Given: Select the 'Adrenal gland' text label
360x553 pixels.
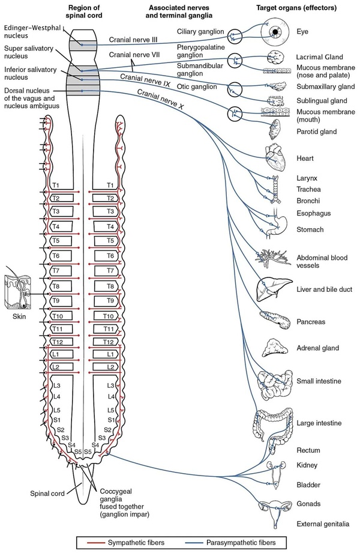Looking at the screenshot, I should [318, 348].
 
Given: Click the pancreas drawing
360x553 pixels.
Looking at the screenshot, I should [272, 321].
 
